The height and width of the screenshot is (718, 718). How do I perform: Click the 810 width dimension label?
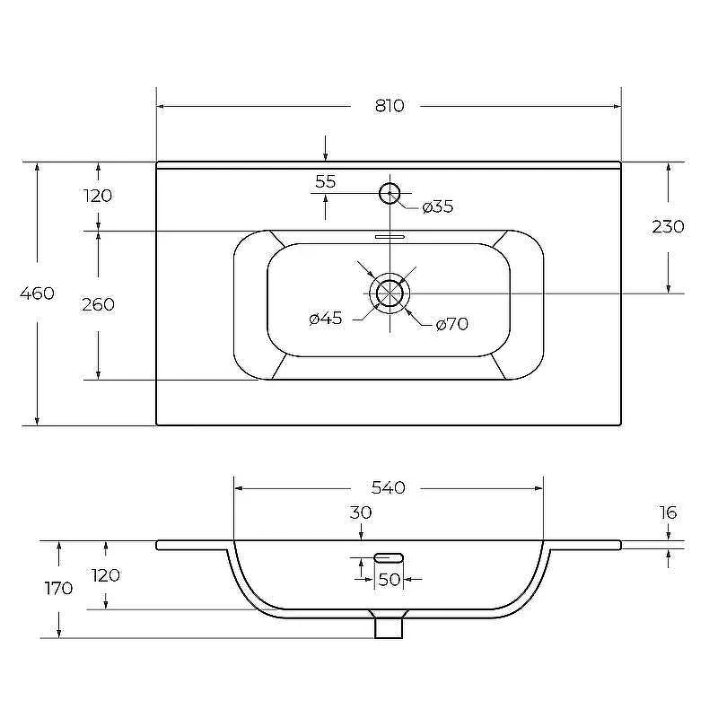tap(390, 106)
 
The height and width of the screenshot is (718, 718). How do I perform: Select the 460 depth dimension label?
tap(37, 293)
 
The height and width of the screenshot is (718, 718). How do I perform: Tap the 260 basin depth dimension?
tap(98, 304)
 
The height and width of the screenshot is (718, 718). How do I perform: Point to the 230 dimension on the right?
tap(668, 227)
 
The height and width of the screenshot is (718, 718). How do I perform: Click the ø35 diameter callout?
tap(438, 206)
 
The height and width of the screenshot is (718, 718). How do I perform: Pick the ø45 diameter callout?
tap(326, 319)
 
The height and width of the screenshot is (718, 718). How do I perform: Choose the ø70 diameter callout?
tap(452, 324)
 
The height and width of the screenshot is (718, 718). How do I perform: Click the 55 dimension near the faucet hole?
tap(326, 182)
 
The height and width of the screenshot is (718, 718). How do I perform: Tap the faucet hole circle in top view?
tap(390, 193)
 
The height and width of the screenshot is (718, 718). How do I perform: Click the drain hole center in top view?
tap(390, 293)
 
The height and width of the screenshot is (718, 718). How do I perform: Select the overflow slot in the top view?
tap(390, 237)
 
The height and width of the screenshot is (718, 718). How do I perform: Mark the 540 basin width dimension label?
tap(389, 487)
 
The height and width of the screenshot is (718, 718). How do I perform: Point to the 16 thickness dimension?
tap(668, 512)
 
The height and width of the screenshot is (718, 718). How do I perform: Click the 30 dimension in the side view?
tap(361, 512)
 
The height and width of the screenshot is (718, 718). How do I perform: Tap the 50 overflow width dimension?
tap(390, 580)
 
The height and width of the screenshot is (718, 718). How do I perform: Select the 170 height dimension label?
tap(58, 589)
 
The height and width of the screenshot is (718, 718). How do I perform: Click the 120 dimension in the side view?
tap(106, 575)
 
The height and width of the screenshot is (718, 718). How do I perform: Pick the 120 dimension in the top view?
tap(98, 196)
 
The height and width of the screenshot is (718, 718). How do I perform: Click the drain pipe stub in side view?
tap(389, 627)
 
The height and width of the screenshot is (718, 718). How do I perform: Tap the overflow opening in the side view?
tap(389, 557)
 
